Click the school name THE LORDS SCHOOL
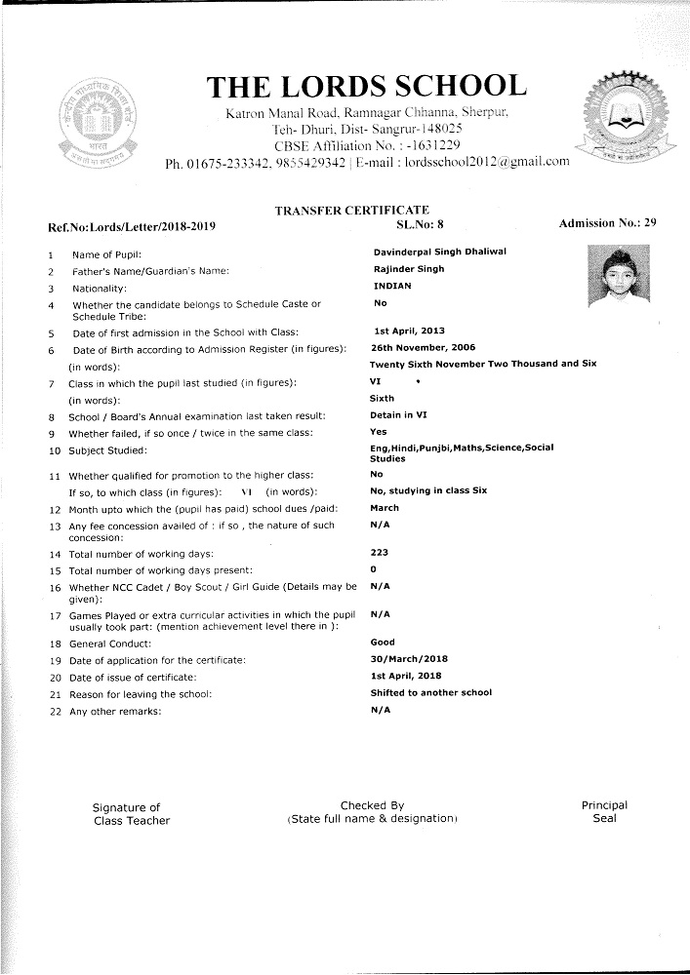point(367,86)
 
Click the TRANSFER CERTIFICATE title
point(351,210)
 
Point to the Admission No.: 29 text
point(607,224)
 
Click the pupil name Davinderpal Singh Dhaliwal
point(439,252)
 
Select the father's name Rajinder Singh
point(408,269)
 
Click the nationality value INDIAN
point(392,287)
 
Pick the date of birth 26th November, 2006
point(422,347)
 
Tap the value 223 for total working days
point(380,553)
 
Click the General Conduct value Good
point(383,643)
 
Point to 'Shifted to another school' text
point(430,692)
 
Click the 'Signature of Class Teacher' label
point(131,813)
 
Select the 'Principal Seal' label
point(604,811)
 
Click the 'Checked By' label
point(372,805)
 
